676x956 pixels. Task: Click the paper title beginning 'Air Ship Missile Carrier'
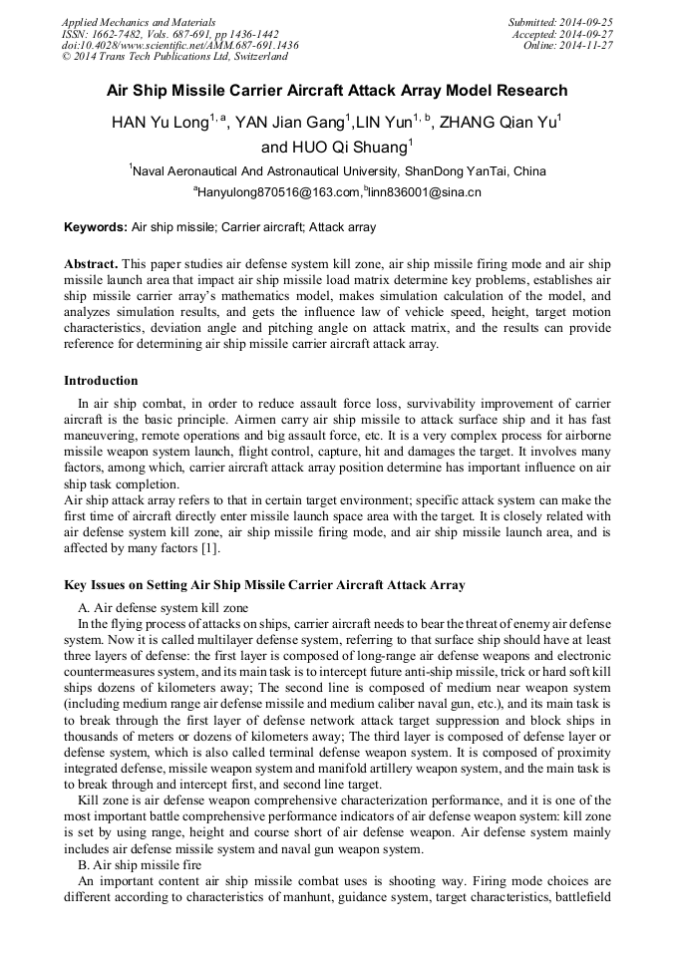[337, 91]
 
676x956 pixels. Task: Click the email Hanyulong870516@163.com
[278, 192]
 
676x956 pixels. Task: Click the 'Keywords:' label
[96, 227]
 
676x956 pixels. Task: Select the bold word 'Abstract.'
[92, 263]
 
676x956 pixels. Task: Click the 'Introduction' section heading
[101, 381]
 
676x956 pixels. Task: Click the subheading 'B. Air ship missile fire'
[143, 864]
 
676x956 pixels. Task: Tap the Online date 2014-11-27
[588, 46]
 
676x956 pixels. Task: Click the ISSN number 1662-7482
[117, 34]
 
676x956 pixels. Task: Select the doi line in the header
[179, 46]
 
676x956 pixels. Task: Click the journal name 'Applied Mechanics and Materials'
[138, 22]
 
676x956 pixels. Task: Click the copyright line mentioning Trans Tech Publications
[167, 58]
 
